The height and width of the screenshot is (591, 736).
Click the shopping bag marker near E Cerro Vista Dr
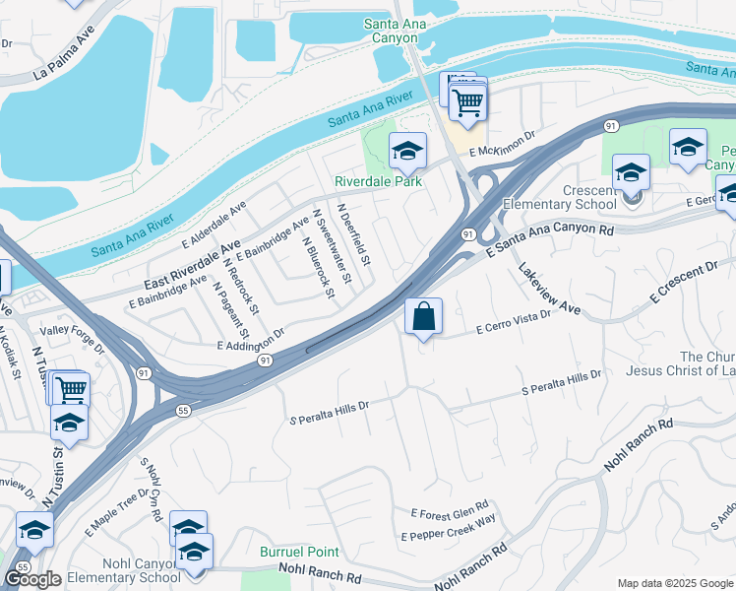(x=423, y=317)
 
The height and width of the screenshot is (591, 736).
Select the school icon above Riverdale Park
(x=407, y=151)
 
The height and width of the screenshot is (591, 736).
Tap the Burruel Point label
(x=299, y=553)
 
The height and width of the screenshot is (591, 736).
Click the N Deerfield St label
(x=354, y=235)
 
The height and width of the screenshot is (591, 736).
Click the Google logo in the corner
(x=32, y=579)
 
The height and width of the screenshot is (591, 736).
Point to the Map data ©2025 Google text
(x=674, y=583)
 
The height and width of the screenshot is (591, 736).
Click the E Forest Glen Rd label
(x=450, y=513)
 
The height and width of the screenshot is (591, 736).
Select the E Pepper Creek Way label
(x=448, y=529)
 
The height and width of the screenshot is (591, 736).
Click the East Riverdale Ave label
(x=193, y=261)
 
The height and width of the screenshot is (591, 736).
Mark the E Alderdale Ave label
(x=214, y=227)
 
